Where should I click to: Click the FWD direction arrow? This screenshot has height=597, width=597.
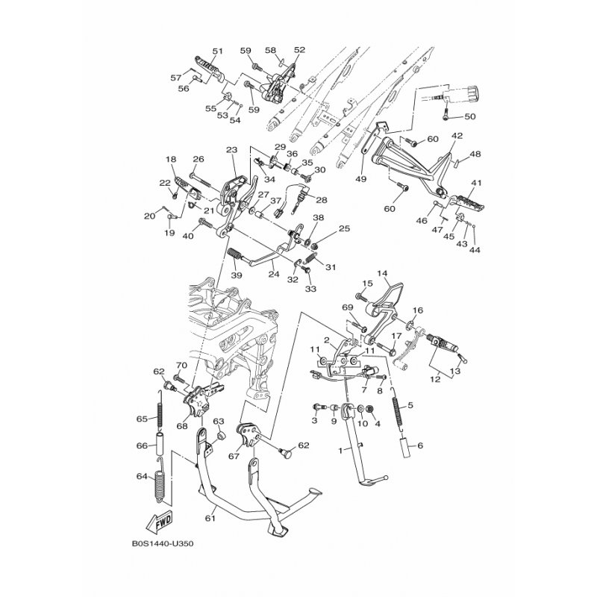pyautogui.click(x=160, y=522)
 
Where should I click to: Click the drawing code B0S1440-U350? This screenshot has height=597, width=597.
pyautogui.click(x=163, y=544)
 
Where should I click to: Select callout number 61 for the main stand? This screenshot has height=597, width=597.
pyautogui.click(x=210, y=518)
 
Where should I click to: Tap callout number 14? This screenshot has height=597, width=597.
pyautogui.click(x=382, y=273)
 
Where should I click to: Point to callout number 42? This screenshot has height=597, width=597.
pyautogui.click(x=457, y=136)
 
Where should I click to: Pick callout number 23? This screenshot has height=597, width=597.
pyautogui.click(x=231, y=150)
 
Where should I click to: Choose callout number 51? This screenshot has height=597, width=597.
pyautogui.click(x=217, y=51)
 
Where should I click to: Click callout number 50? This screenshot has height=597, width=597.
pyautogui.click(x=471, y=116)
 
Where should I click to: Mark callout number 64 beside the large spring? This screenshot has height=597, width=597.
pyautogui.click(x=142, y=476)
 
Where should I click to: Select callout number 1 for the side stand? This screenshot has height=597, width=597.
pyautogui.click(x=341, y=451)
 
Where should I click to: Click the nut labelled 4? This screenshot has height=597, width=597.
pyautogui.click(x=368, y=410)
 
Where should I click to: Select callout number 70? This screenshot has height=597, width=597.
pyautogui.click(x=181, y=366)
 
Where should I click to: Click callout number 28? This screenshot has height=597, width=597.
pyautogui.click(x=322, y=200)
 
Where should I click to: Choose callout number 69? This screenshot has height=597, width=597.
pyautogui.click(x=348, y=307)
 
